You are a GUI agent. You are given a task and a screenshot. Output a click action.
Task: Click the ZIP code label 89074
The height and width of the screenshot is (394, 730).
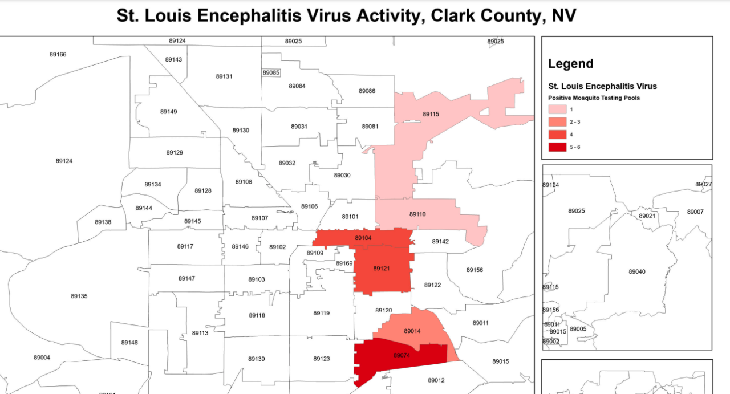point(401,355)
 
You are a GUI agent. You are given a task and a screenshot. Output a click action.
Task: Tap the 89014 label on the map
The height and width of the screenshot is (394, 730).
point(412,331)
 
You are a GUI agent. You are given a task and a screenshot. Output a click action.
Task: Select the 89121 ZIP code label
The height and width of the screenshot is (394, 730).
point(382,268)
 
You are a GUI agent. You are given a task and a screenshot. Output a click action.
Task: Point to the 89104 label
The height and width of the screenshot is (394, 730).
point(363,238)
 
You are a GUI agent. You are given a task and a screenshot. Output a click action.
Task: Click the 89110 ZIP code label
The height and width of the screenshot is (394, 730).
point(417,214)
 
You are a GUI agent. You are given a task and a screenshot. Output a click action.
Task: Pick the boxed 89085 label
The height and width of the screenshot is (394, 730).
point(271,72)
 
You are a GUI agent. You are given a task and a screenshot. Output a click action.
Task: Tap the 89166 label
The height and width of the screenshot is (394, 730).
point(58,55)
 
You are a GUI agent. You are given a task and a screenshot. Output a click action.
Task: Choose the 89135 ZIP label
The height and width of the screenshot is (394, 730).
point(79,296)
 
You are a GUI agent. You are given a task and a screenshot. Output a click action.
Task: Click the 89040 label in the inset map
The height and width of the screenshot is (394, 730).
point(637,271)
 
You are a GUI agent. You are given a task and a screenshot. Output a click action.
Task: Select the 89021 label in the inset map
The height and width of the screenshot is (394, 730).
point(647,216)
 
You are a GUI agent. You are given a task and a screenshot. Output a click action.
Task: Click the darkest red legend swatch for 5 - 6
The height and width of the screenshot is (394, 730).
point(558,147)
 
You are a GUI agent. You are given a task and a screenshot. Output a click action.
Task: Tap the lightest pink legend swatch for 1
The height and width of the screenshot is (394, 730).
point(558,109)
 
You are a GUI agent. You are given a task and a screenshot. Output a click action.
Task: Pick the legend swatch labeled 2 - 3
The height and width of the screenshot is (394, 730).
point(558,121)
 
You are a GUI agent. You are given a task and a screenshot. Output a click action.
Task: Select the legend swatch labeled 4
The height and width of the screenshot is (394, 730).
point(558,134)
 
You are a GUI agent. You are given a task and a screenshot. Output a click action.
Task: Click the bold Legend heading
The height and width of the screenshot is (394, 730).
point(570,64)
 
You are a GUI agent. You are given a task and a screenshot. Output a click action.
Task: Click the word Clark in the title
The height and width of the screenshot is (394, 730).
point(453,15)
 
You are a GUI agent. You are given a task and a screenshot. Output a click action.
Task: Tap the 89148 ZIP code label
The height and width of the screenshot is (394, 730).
point(129,343)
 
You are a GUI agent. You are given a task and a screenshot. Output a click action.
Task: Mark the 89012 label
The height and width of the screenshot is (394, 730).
point(436,380)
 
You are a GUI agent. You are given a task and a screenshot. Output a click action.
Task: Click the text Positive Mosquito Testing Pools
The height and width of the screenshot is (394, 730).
point(594,98)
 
